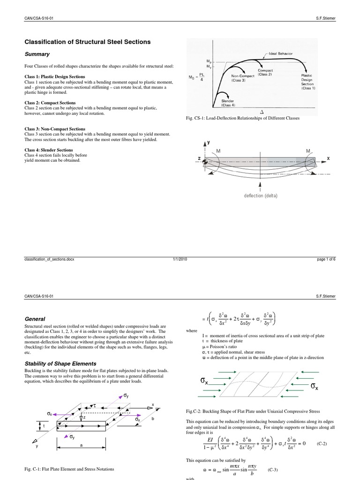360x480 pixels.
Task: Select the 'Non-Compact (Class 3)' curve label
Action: click(244, 77)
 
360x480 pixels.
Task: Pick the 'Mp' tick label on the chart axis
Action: click(196, 61)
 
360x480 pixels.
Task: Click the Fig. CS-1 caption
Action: click(242, 118)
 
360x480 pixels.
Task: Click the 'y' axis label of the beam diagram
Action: click(209, 142)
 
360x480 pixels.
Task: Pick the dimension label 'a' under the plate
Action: click(81, 446)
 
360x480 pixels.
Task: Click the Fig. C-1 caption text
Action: click(69, 469)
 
